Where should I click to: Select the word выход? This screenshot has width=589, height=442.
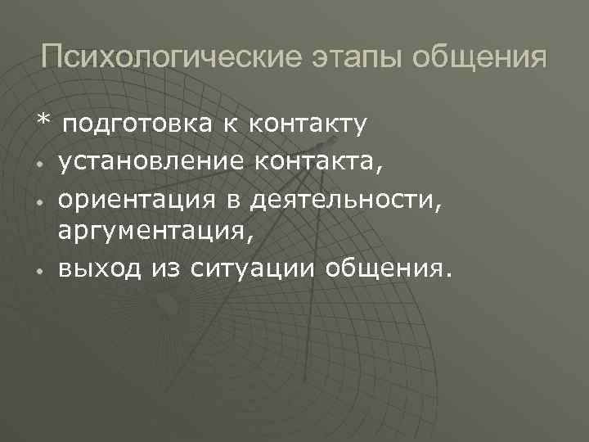coord(96,268)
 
